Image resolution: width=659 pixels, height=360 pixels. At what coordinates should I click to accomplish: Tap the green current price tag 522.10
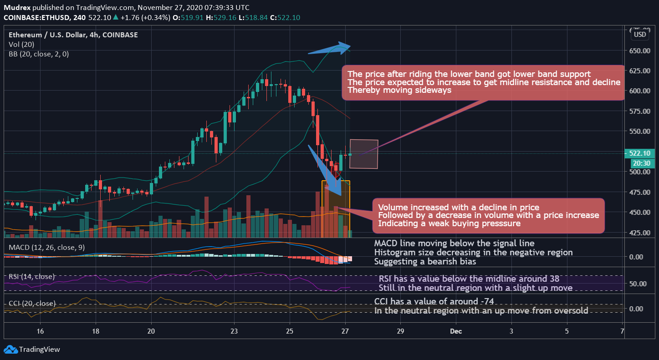click(642, 153)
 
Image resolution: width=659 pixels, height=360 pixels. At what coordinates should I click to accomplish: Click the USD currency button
click(640, 35)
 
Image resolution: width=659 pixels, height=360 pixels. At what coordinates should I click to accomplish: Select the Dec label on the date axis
click(456, 331)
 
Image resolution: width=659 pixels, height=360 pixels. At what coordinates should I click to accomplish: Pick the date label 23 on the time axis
click(234, 331)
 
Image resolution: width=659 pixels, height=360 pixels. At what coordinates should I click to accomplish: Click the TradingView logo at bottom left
click(32, 350)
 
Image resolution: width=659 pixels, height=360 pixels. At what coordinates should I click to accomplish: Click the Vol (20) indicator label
click(21, 45)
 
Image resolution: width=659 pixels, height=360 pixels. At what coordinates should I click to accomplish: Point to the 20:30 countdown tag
click(642, 163)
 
